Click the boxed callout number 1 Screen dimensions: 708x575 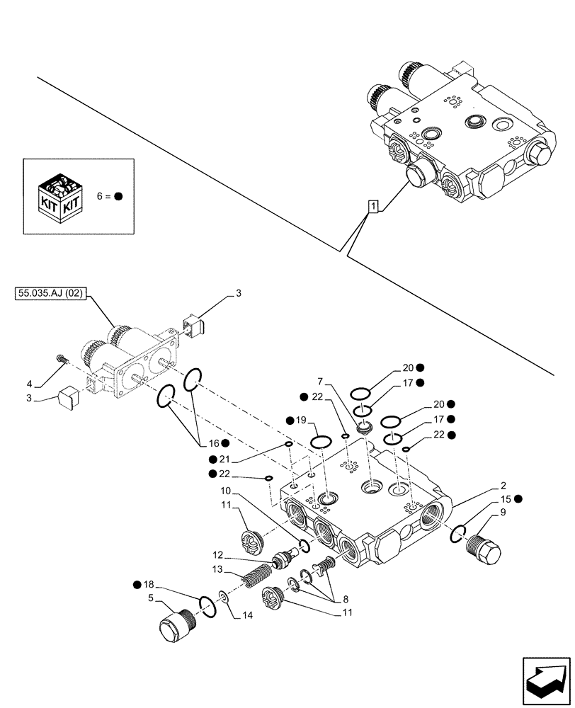click(373, 207)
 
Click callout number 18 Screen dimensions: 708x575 click(147, 585)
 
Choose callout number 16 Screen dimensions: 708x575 click(214, 443)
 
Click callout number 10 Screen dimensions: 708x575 click(224, 491)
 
